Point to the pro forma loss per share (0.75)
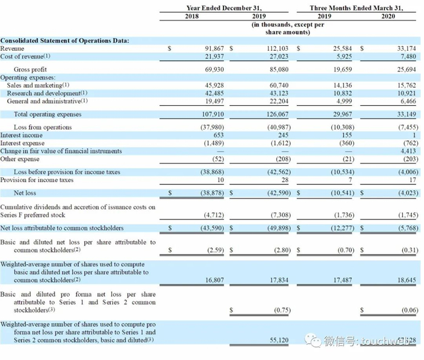279,310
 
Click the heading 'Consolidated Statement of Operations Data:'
64,40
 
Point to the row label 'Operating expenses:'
28,77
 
